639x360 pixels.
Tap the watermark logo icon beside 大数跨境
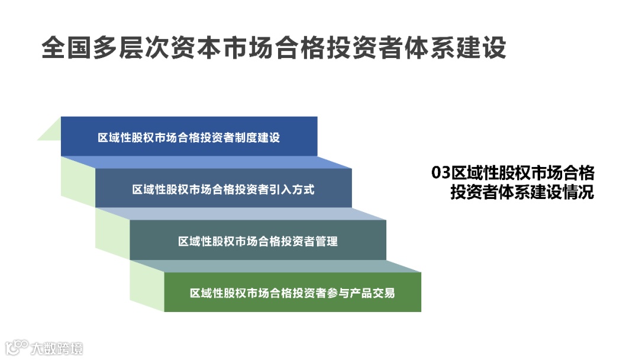coord(17,346)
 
